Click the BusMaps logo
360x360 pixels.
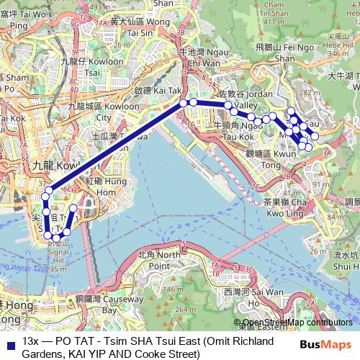pos(328,346)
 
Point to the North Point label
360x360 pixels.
pos(160,260)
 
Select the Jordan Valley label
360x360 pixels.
pos(237,99)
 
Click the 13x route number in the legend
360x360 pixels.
pos(30,341)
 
